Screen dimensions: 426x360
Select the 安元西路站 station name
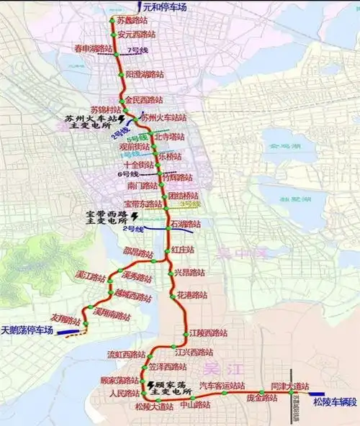tap(137, 34)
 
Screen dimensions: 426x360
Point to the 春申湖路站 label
tap(94, 48)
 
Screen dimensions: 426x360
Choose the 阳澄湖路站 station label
tap(143, 74)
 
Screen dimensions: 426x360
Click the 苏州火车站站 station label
tap(164, 117)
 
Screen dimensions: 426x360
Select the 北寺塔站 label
tap(170, 136)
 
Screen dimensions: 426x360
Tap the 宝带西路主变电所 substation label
tap(98, 217)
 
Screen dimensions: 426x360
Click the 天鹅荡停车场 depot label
tap(27, 330)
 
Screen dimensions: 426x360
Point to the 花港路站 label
tap(192, 296)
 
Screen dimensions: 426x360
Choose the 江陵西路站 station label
tap(207, 333)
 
